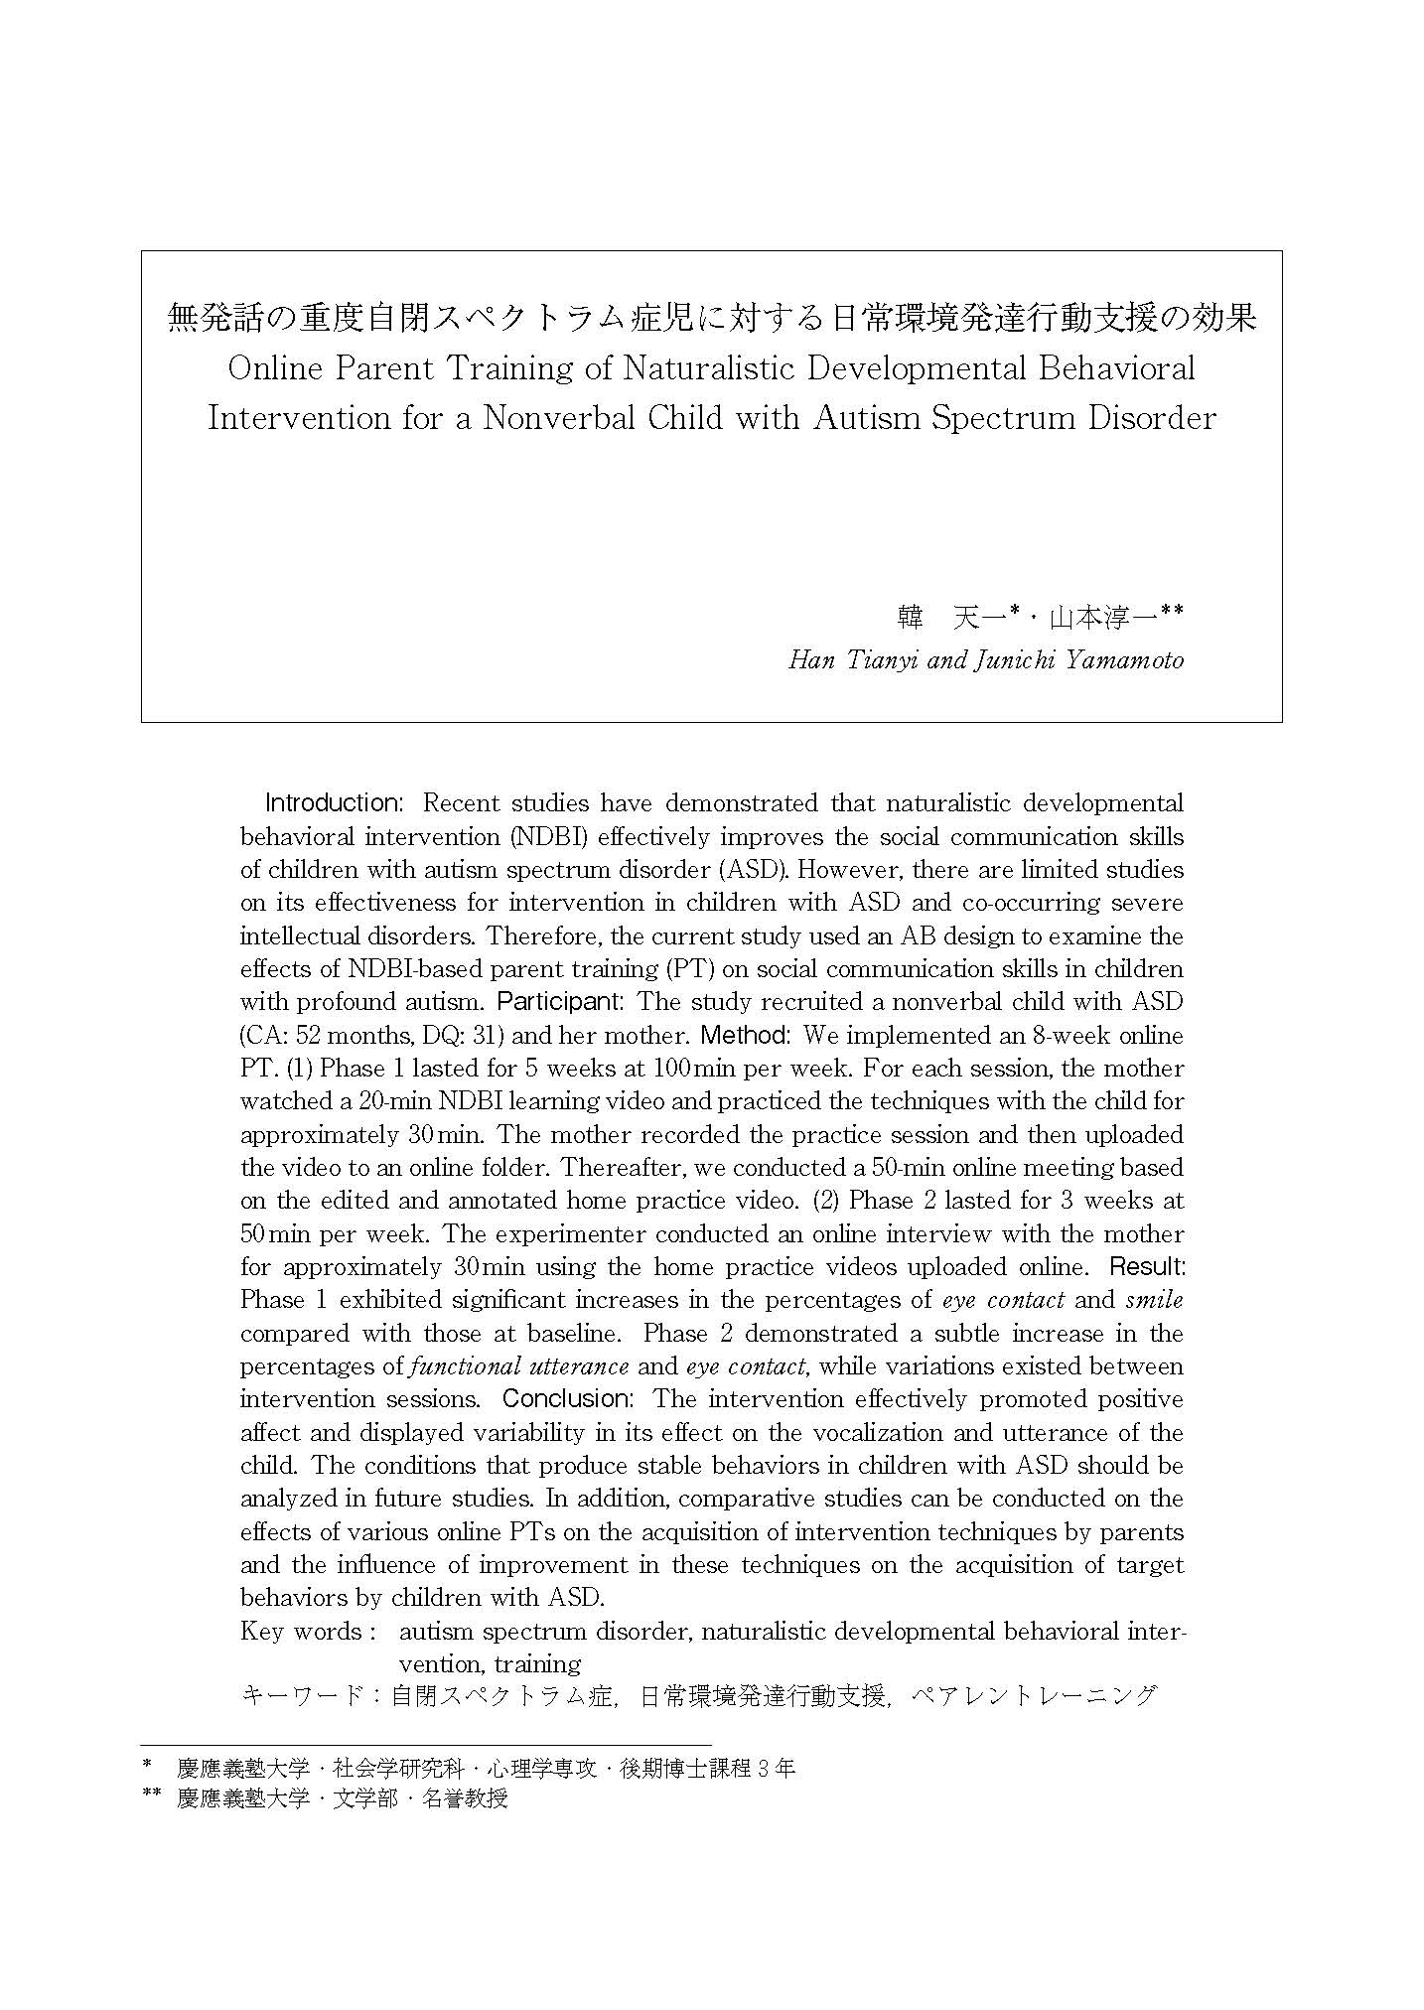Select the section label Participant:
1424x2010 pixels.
[x=560, y=1001]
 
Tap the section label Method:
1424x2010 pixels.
[x=745, y=1035]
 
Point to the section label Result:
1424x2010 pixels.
[x=1147, y=1266]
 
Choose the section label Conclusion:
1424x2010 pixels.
[x=567, y=1398]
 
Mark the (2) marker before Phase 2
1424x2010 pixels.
[x=827, y=1200]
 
